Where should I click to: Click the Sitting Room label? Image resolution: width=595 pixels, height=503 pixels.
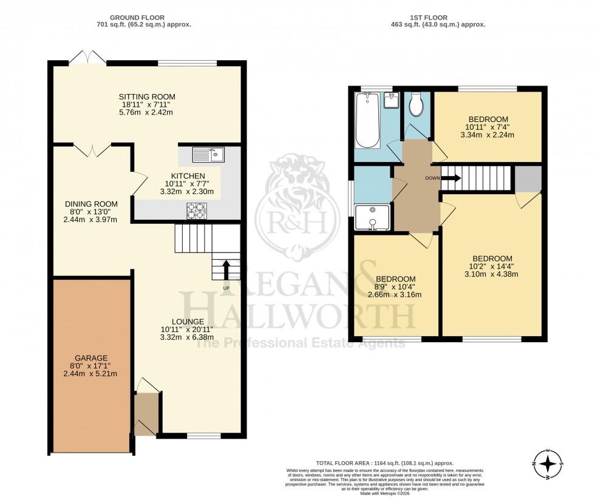(147, 96)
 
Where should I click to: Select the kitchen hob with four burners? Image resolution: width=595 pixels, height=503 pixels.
(197, 211)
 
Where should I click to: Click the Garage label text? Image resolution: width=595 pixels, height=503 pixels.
(90, 358)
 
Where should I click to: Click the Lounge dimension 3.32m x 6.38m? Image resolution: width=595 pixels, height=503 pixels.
(187, 337)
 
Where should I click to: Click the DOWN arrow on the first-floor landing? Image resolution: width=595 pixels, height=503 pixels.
(450, 178)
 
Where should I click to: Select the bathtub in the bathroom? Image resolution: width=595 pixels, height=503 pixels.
(367, 120)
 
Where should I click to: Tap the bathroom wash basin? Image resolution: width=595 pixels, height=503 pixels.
(392, 99)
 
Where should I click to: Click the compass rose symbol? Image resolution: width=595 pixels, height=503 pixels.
(549, 464)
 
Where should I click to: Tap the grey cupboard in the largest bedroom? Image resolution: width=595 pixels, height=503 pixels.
(527, 178)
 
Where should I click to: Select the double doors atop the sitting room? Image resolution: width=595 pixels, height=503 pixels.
(87, 57)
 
